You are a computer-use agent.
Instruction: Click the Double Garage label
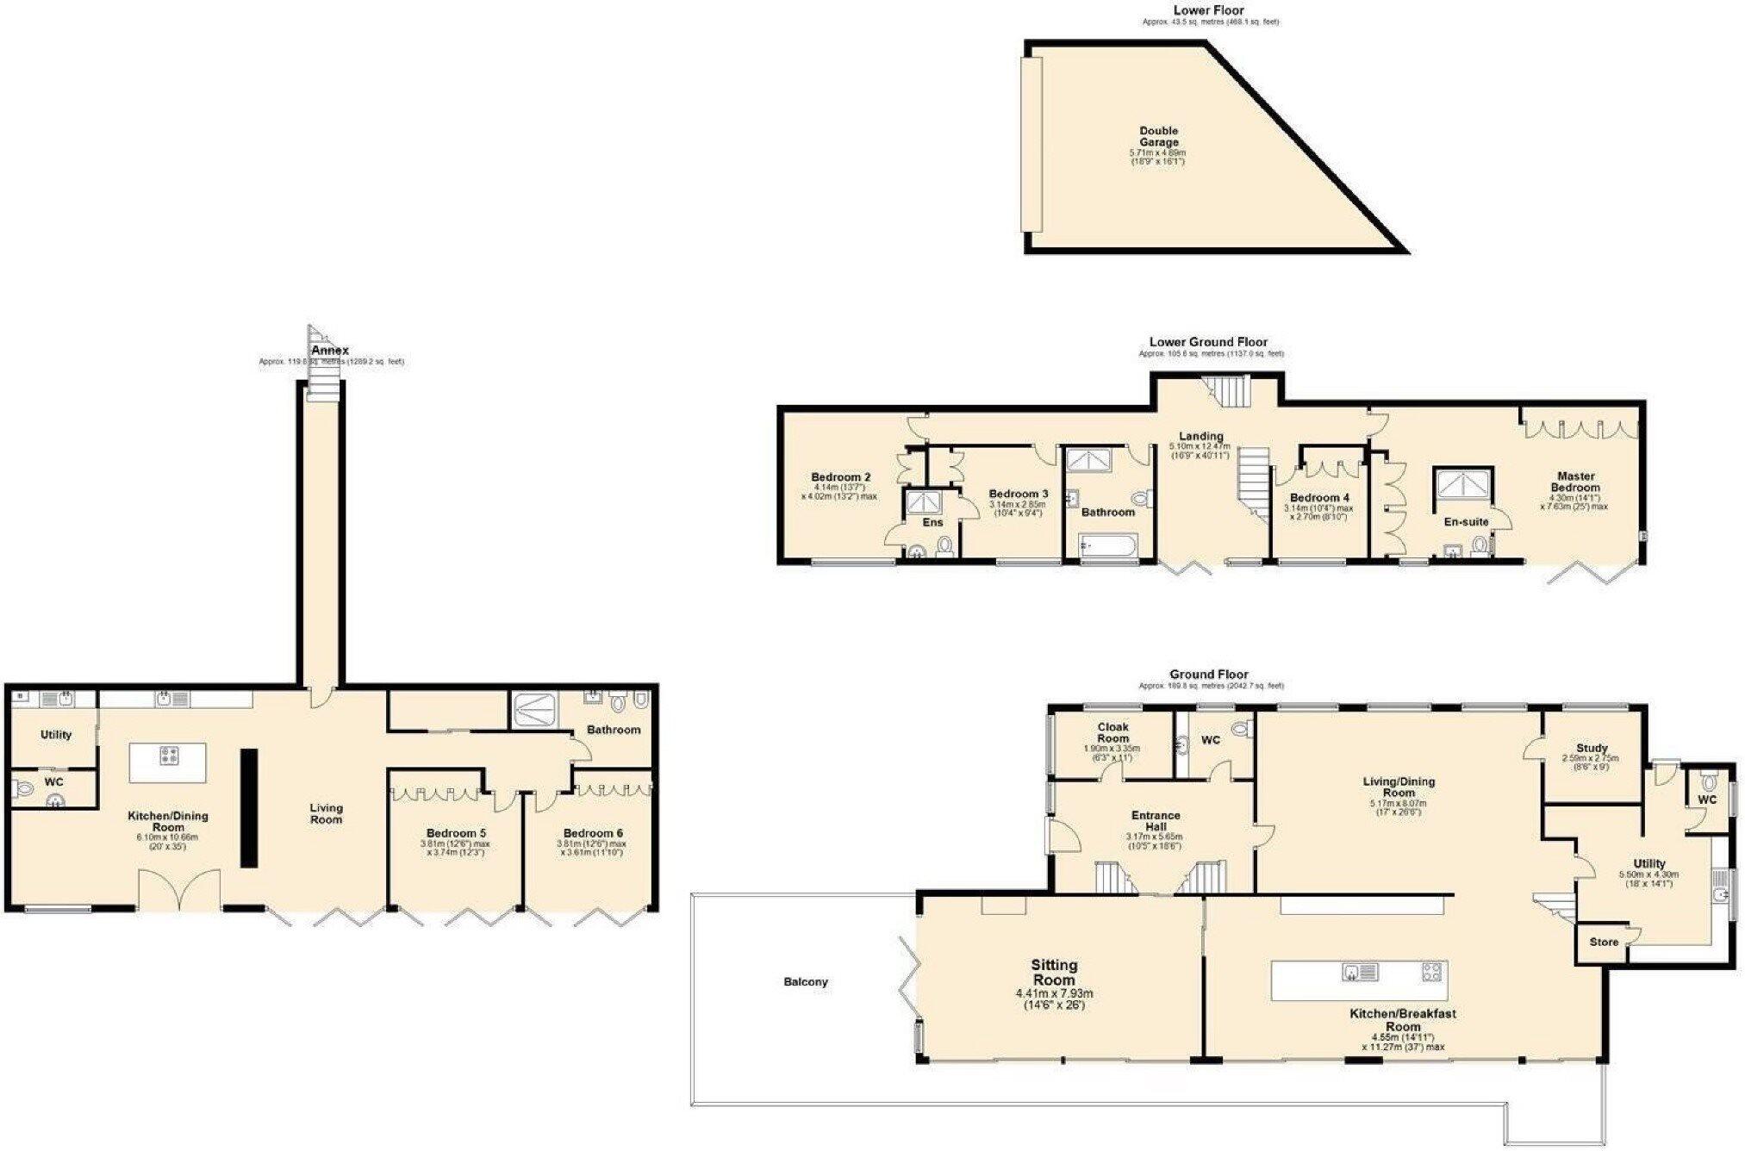(x=1158, y=137)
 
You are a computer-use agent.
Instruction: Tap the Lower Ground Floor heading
(x=1209, y=342)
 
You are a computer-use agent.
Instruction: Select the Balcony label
(x=806, y=981)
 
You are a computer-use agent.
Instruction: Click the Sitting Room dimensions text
(x=1054, y=999)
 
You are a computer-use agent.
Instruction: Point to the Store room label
(x=1604, y=942)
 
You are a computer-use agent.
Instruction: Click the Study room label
(x=1591, y=748)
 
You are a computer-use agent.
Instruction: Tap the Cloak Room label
(x=1112, y=732)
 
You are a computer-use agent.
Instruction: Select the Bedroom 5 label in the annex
(x=455, y=833)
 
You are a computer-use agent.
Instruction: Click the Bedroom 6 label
(x=592, y=833)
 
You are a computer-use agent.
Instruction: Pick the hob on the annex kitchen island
(x=168, y=757)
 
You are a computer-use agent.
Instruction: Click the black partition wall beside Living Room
(x=248, y=807)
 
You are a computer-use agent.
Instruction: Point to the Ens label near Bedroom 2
(x=932, y=522)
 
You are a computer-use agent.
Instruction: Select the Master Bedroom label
(x=1575, y=482)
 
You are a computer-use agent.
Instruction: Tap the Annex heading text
(x=330, y=351)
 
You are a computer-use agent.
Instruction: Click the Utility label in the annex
(x=56, y=734)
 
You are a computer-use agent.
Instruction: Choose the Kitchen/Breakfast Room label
(x=1402, y=1020)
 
